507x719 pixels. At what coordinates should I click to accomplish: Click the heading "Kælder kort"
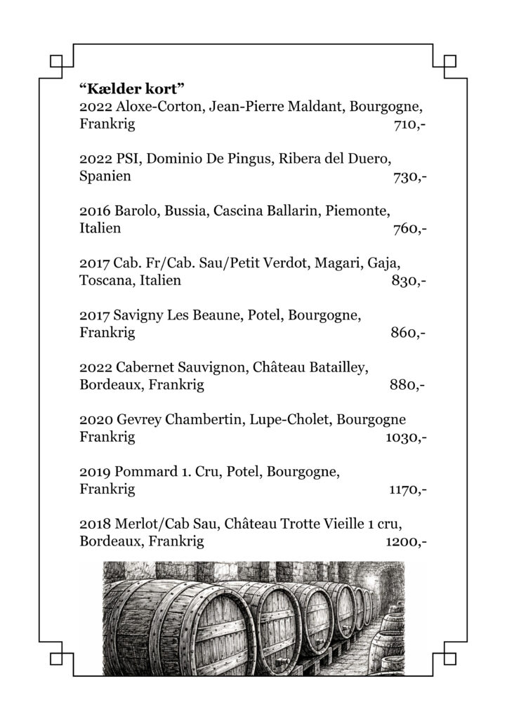pos(131,89)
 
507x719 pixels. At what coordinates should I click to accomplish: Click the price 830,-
pos(409,281)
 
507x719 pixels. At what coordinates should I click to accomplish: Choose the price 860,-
pos(409,333)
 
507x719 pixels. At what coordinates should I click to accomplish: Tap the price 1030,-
pos(407,437)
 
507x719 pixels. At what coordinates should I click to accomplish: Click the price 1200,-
pos(407,541)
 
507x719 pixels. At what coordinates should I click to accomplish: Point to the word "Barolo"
pos(136,211)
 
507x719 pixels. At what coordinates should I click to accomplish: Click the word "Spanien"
pos(105,177)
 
